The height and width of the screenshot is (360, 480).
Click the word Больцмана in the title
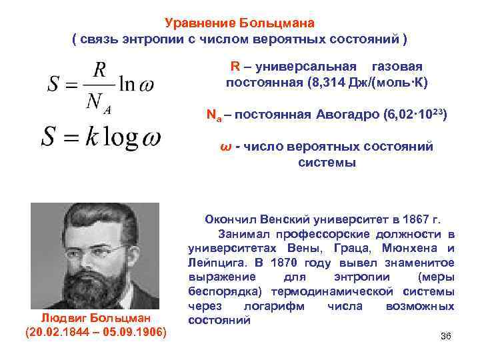point(279,23)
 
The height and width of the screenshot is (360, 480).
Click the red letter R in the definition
point(235,67)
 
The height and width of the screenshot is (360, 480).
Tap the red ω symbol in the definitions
point(224,145)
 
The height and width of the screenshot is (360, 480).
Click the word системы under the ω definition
point(327,162)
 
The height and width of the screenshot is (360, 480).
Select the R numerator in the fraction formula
point(99,69)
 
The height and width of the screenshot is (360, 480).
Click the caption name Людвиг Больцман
point(95,318)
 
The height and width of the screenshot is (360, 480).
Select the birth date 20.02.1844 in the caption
point(59,331)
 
